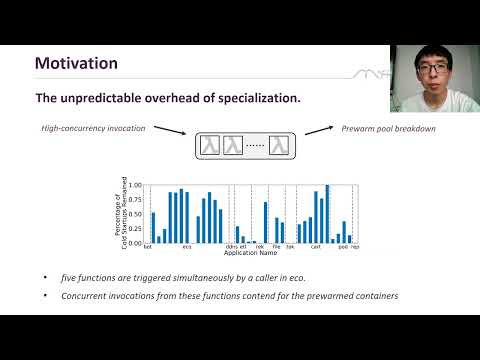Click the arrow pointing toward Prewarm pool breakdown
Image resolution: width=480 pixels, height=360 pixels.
(318, 134)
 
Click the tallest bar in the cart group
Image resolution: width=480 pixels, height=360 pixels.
(327, 213)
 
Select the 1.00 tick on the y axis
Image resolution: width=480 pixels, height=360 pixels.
(136, 185)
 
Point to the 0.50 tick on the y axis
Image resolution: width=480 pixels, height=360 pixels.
(136, 214)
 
